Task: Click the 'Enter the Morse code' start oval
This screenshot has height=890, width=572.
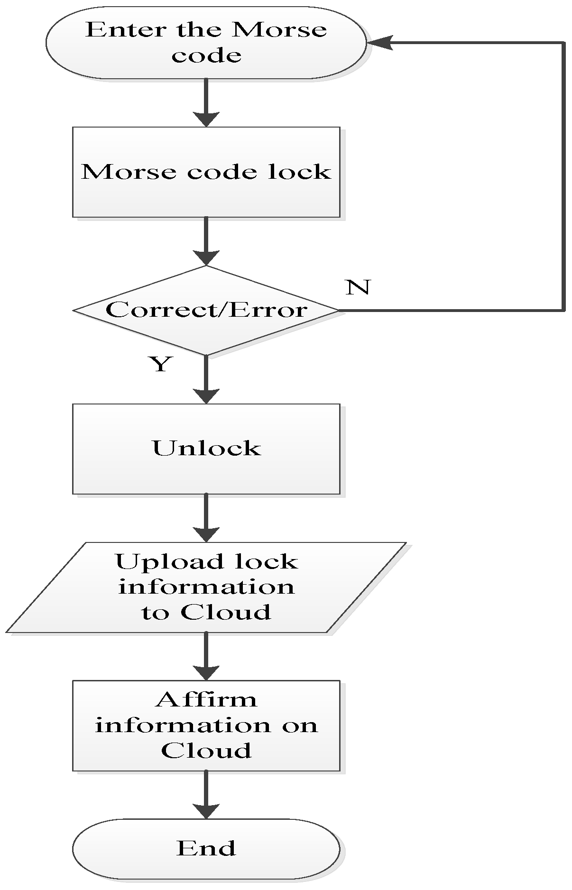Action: [206, 43]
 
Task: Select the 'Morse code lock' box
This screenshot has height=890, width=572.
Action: [206, 172]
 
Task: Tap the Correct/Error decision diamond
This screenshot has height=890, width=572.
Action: [206, 310]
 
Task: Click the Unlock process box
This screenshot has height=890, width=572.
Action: [206, 449]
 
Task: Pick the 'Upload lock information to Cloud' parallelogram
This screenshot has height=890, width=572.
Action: [206, 587]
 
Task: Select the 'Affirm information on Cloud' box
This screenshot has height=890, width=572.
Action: [206, 725]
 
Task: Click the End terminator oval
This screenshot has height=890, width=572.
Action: [206, 849]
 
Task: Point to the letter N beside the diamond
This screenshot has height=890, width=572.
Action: [357, 287]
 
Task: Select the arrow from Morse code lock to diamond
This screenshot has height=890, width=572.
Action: [206, 242]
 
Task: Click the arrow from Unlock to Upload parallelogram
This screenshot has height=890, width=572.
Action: [206, 519]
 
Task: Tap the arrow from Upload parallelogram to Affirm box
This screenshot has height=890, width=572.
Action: [206, 657]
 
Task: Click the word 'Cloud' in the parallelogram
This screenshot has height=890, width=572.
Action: [226, 612]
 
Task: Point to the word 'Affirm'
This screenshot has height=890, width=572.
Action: [206, 700]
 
